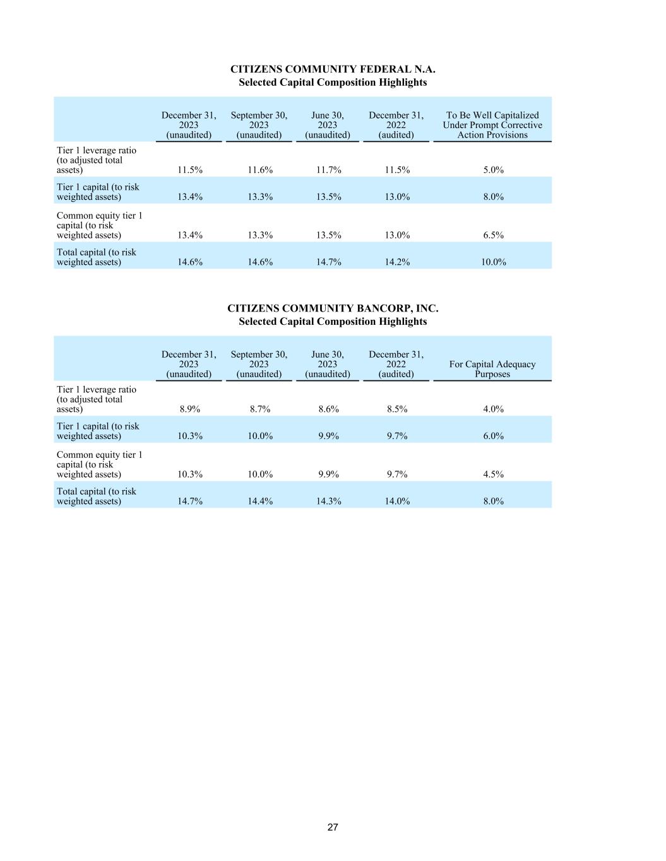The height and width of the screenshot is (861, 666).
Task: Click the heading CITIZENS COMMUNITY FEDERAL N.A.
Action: pyautogui.click(x=333, y=69)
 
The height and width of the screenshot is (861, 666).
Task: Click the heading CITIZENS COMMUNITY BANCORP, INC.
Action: pyautogui.click(x=333, y=308)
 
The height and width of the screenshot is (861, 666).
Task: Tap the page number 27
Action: pyautogui.click(x=333, y=827)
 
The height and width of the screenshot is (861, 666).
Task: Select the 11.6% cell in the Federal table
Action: pyautogui.click(x=259, y=170)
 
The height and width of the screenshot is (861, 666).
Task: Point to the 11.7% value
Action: pyautogui.click(x=328, y=170)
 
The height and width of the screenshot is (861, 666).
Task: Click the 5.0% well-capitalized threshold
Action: pyautogui.click(x=493, y=170)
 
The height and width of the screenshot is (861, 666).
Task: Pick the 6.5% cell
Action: pyautogui.click(x=493, y=235)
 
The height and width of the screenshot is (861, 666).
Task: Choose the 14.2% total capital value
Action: pyautogui.click(x=397, y=262)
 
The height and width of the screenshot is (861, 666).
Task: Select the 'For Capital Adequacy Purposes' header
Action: pyautogui.click(x=492, y=369)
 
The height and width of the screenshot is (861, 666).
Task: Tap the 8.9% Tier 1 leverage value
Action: pyautogui.click(x=189, y=409)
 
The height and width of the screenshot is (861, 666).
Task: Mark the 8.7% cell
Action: pyautogui.click(x=259, y=409)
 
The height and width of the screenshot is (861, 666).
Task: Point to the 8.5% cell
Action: pyautogui.click(x=397, y=409)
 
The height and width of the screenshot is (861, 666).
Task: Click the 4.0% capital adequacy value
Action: pyautogui.click(x=493, y=409)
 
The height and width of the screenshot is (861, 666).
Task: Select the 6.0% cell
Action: pyautogui.click(x=493, y=436)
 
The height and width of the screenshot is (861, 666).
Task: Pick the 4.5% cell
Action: pyautogui.click(x=493, y=474)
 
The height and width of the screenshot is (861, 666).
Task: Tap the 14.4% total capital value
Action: pyautogui.click(x=259, y=501)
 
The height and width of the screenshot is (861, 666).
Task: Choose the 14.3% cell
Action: pyautogui.click(x=328, y=501)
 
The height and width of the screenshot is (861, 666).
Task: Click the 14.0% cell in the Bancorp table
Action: pyautogui.click(x=397, y=501)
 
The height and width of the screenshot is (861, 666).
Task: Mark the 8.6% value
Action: pyautogui.click(x=328, y=409)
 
